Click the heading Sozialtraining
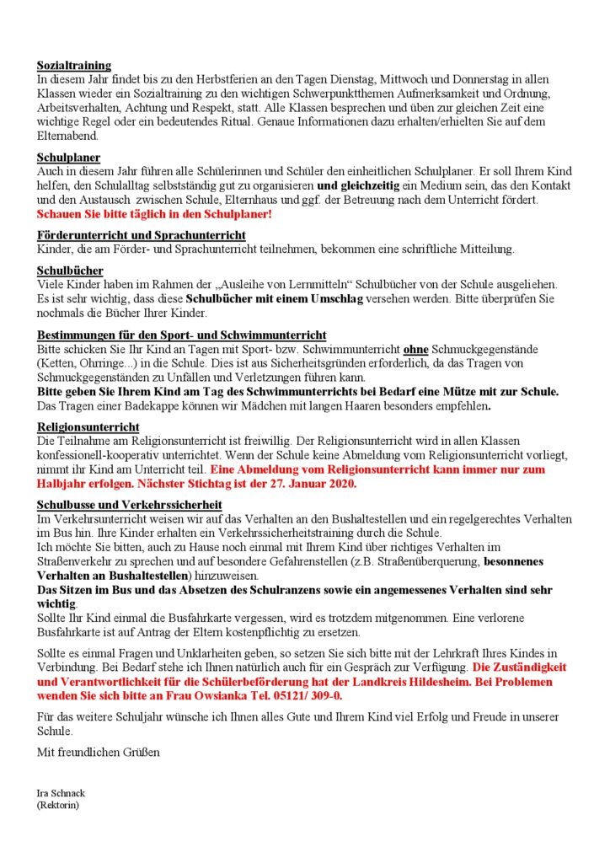(x=74, y=65)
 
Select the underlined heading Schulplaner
(x=69, y=157)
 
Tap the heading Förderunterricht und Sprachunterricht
(x=142, y=235)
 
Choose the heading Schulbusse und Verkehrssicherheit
(x=129, y=505)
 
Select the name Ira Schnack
(x=61, y=794)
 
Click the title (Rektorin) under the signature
(x=58, y=805)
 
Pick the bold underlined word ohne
(x=411, y=348)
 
